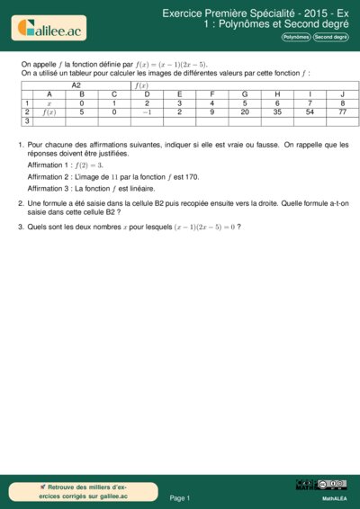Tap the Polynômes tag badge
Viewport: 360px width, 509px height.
[x=296, y=38]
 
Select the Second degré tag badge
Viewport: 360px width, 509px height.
[x=331, y=38]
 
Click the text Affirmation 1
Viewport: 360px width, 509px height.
[x=51, y=165]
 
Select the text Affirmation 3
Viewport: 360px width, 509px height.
[x=51, y=189]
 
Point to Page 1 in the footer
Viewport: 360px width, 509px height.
[x=180, y=497]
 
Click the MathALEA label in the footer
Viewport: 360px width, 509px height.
[x=334, y=497]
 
